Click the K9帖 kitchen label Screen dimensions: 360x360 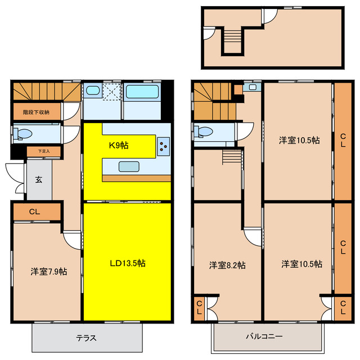[119, 146]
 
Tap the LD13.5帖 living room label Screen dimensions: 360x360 [128, 263]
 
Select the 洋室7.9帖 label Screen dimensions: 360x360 [49, 272]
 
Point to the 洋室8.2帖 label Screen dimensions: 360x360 [227, 265]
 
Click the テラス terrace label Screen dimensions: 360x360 [86, 338]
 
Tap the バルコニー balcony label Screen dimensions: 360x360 [264, 336]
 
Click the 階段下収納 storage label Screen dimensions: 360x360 [36, 112]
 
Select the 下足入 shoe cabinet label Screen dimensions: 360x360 [44, 151]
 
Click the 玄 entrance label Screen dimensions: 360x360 [39, 179]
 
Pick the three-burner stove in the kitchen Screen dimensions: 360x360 [164, 146]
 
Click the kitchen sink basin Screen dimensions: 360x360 [129, 166]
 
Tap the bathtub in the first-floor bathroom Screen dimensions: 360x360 [142, 92]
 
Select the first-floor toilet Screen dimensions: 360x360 [22, 133]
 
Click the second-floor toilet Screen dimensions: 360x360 [204, 132]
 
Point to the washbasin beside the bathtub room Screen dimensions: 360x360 [93, 91]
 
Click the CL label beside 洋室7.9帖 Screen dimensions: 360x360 [35, 211]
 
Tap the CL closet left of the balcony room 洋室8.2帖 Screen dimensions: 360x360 [199, 308]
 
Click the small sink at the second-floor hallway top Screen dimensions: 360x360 [253, 87]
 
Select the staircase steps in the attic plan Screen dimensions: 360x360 [232, 34]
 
